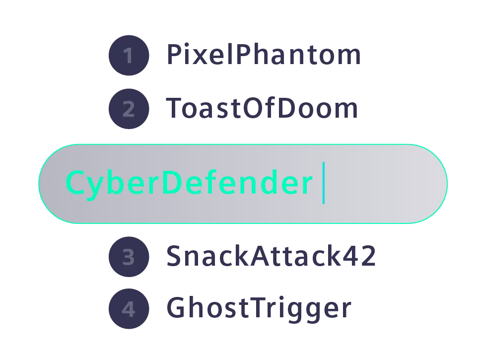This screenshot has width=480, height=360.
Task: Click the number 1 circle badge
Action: pyautogui.click(x=128, y=56)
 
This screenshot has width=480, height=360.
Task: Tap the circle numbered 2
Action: pyautogui.click(x=128, y=109)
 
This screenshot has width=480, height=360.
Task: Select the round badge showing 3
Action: pyautogui.click(x=128, y=257)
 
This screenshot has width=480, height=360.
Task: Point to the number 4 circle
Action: pyautogui.click(x=128, y=309)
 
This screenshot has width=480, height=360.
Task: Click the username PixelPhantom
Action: pyautogui.click(x=263, y=56)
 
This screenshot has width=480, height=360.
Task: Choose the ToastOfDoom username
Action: pyautogui.click(x=261, y=109)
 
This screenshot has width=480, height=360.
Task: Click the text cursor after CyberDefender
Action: pyautogui.click(x=323, y=183)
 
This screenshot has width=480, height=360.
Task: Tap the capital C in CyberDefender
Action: pyautogui.click(x=76, y=183)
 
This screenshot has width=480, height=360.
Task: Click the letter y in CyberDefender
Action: pyautogui.click(x=98, y=186)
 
